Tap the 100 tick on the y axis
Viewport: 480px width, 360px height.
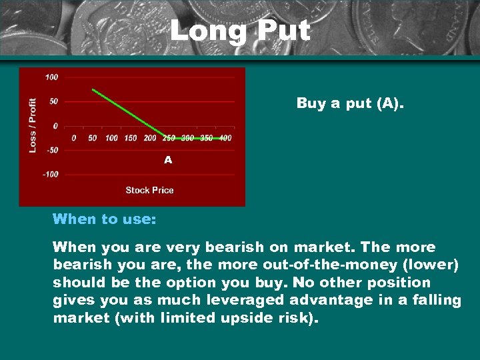51,77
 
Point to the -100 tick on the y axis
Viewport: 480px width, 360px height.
50,174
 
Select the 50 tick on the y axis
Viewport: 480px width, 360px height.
53,101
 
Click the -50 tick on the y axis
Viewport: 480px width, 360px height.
51,150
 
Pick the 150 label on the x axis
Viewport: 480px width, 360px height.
131,138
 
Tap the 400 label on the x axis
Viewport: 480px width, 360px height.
225,138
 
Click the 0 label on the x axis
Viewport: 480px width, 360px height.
74,138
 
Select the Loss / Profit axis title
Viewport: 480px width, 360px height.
33,125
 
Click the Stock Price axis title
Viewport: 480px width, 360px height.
149,190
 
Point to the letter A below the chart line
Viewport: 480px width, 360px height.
168,160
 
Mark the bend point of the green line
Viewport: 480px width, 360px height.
165,137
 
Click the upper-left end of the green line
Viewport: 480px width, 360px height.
93,89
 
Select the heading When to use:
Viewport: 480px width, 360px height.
94,219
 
